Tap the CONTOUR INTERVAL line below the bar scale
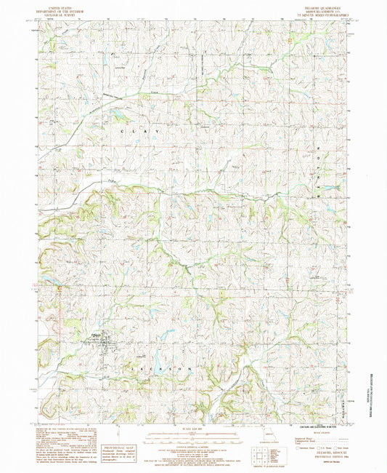coord(192,450)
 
